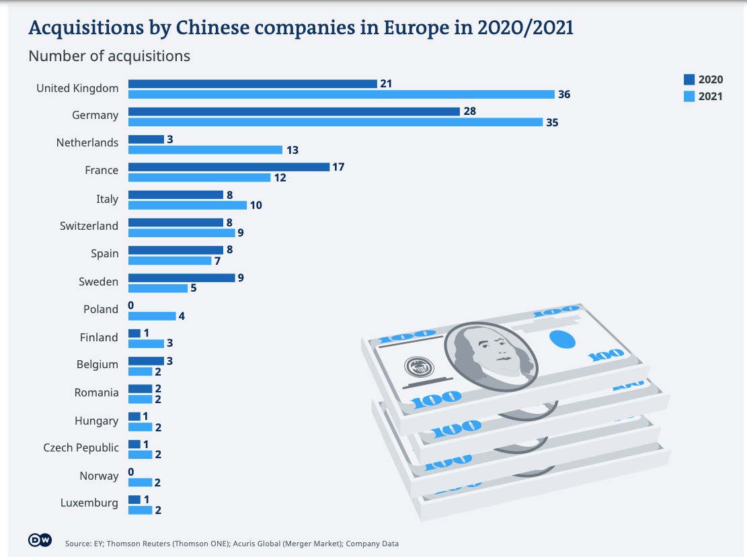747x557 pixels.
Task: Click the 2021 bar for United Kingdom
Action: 342,95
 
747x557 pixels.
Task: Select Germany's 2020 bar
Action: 294,111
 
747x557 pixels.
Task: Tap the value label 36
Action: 563,95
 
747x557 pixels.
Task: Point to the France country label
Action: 102,171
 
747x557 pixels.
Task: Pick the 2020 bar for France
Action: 229,167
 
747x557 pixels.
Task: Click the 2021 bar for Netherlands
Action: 205,150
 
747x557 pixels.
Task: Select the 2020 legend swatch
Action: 689,80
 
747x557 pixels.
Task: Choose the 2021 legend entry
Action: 703,96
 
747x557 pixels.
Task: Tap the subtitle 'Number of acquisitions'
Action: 109,56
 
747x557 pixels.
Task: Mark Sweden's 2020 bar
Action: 182,277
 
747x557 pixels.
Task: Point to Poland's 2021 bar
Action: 152,316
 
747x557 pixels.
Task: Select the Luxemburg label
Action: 89,503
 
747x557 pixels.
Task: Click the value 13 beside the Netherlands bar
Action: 292,150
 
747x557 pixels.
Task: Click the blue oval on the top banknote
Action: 563,339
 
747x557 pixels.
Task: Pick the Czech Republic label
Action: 81,448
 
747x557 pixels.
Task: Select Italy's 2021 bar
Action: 188,205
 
